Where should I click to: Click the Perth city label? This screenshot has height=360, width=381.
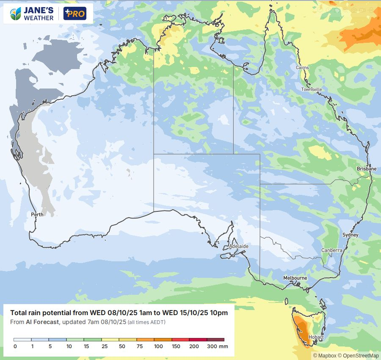click(x=37, y=214)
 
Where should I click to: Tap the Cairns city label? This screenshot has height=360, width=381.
click(x=302, y=68)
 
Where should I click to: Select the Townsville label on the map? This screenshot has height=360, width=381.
click(x=312, y=89)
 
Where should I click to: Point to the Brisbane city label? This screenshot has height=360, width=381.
click(x=366, y=169)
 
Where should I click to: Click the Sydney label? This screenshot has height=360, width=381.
click(x=350, y=235)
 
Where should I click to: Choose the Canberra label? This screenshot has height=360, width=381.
click(x=331, y=250)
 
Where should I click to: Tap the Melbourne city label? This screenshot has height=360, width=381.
click(x=295, y=278)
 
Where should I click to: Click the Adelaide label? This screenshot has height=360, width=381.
click(x=238, y=246)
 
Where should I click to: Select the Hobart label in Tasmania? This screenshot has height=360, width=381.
click(x=316, y=337)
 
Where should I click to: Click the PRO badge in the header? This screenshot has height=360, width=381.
click(x=75, y=14)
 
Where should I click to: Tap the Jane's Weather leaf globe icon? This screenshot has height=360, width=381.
click(x=16, y=14)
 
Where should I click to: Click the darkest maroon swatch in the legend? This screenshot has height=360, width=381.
click(x=215, y=340)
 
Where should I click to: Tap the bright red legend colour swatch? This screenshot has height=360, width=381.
click(x=180, y=340)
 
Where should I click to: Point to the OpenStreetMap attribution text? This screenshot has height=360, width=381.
click(x=362, y=355)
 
